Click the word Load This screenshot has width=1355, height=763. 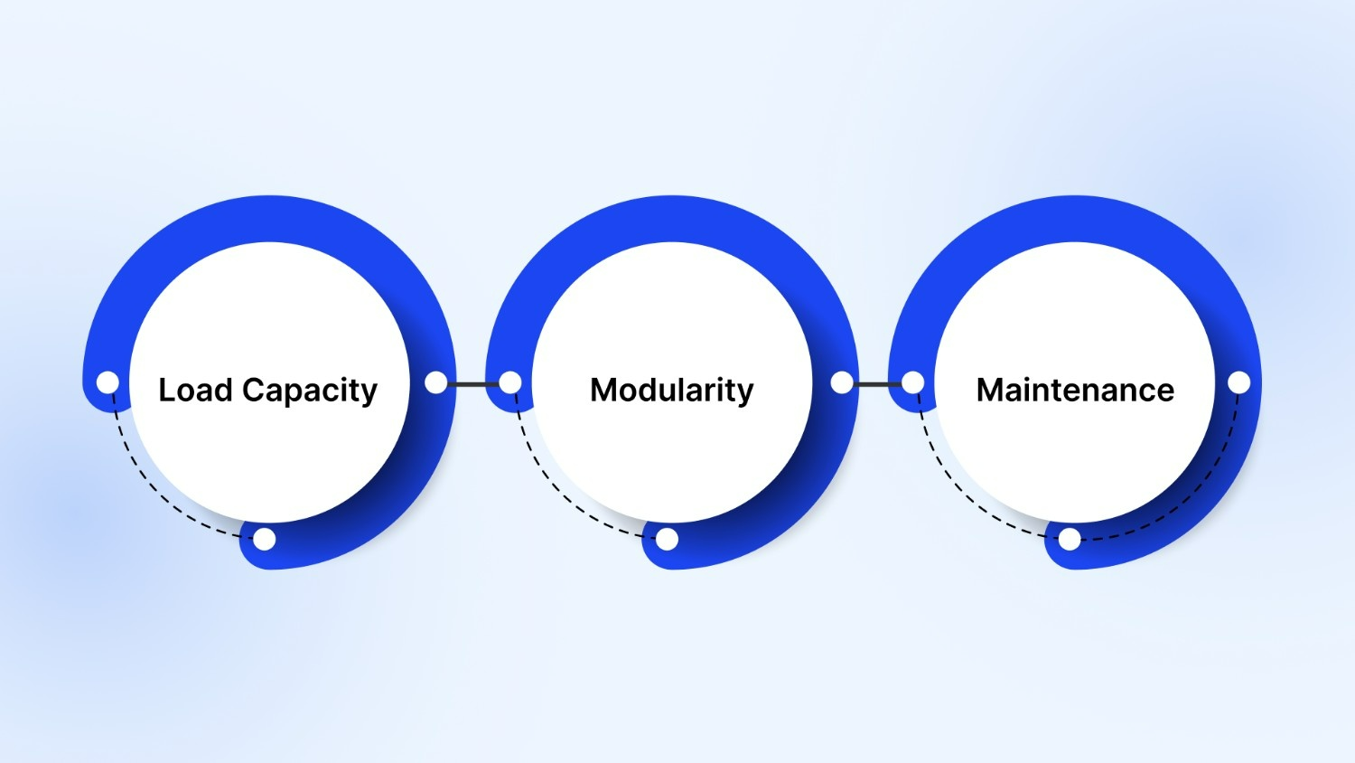coord(195,390)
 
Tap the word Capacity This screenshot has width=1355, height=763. coord(310,391)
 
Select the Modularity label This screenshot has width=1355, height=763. coord(671,390)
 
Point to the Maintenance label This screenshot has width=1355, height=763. coord(1075,390)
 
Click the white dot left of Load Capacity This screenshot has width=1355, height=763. coord(107,382)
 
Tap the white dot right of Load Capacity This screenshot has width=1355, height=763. coord(435,382)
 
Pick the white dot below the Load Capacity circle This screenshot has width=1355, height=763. coord(265,540)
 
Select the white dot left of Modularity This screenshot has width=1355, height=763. coord(510,382)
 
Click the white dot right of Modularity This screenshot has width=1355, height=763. coord(841,382)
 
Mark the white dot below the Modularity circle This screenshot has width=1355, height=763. coord(667,540)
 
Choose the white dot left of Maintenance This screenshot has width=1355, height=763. coord(913,382)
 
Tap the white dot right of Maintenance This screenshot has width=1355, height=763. coord(1239,382)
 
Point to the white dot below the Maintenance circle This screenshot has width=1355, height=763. coord(1070,540)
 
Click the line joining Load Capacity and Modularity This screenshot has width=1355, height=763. coord(472,384)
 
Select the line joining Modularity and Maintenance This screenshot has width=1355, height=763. coord(877,384)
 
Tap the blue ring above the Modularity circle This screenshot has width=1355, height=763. coord(672,218)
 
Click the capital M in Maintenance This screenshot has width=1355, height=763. coord(990,390)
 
